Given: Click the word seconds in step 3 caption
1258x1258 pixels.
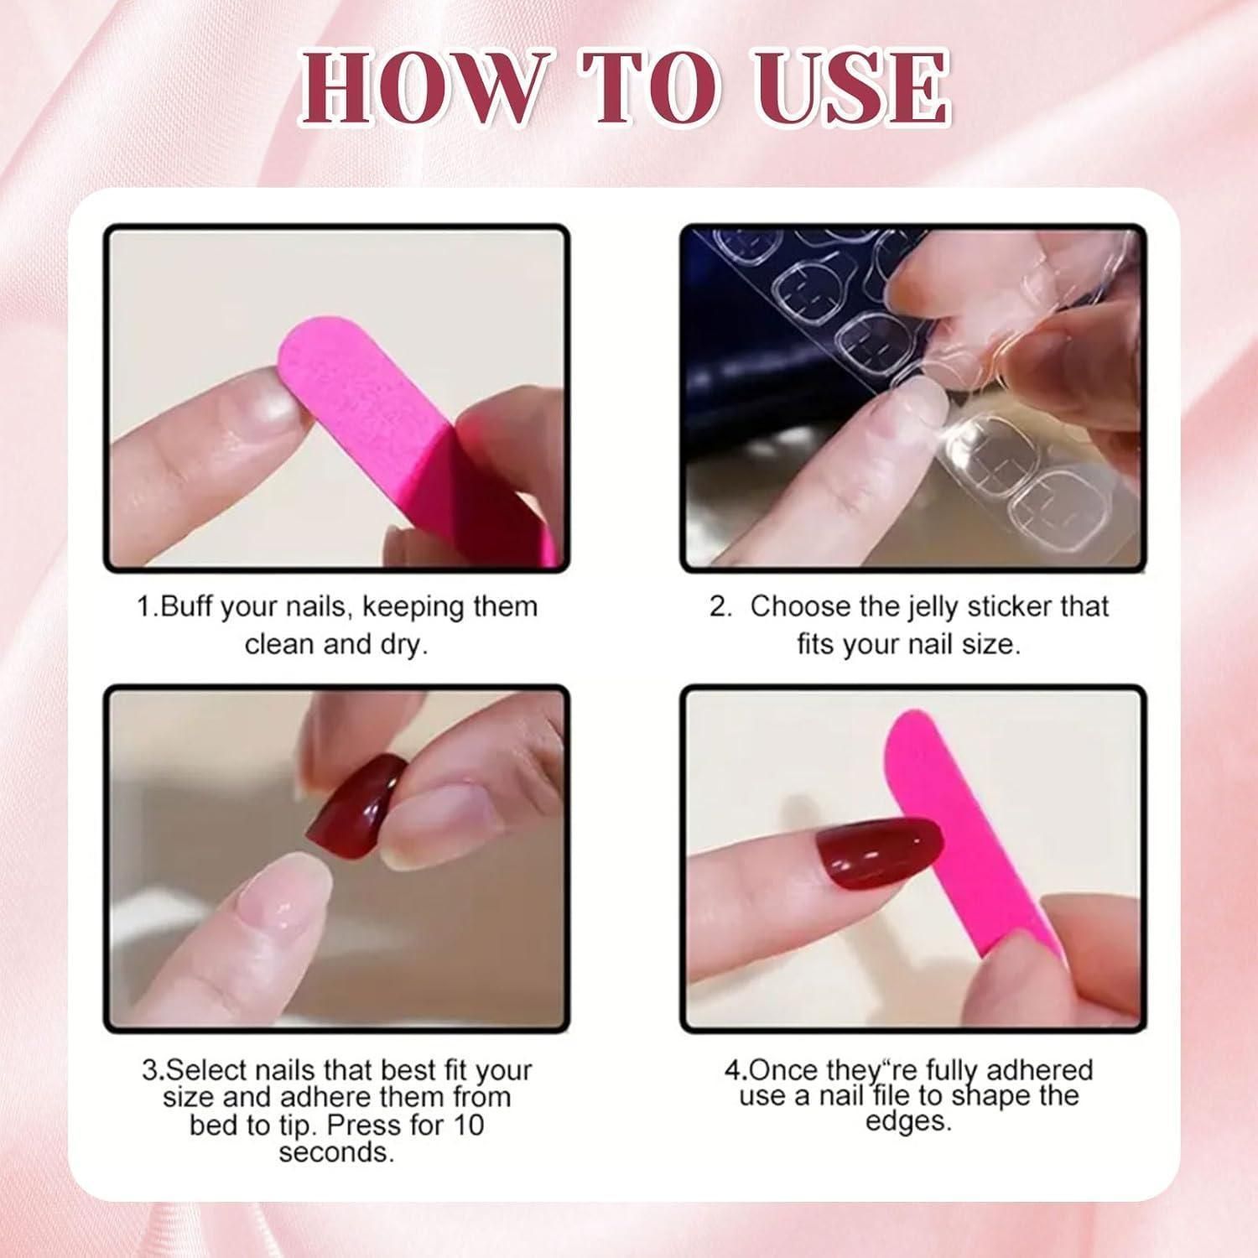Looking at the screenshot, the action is pyautogui.click(x=335, y=1152).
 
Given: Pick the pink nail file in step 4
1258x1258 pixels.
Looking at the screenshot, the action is pyautogui.click(x=977, y=839).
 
